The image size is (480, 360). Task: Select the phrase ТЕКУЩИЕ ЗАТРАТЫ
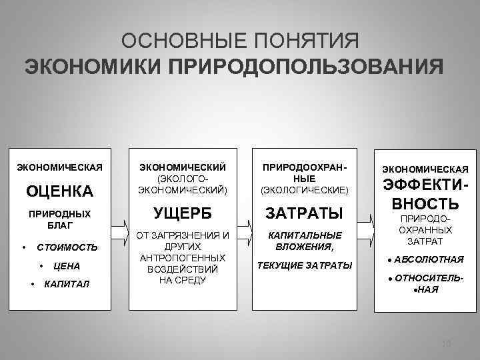tap(305, 265)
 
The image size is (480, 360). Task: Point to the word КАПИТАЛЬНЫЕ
tap(305, 235)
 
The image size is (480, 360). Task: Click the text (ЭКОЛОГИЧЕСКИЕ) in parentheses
tap(305, 189)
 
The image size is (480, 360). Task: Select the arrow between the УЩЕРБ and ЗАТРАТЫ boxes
tap(244, 233)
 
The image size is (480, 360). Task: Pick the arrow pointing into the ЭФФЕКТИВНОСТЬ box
tap(366, 233)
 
